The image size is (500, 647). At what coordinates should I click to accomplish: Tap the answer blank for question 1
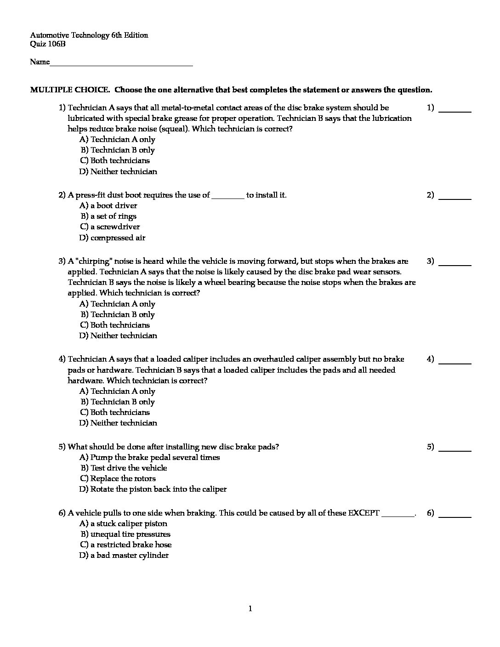coord(455,110)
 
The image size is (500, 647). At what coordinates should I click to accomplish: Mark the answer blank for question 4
coord(455,362)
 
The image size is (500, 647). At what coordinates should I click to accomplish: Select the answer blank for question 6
coord(455,516)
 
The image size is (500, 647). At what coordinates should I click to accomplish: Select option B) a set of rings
coord(109,216)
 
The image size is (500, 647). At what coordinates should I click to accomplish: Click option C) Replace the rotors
coord(118,478)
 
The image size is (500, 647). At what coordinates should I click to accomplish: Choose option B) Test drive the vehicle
coord(124,468)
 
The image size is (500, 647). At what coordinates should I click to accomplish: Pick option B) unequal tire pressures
coord(125,534)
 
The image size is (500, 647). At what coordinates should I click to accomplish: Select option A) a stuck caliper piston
coord(124,523)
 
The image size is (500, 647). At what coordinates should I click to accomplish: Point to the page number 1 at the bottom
coord(250,609)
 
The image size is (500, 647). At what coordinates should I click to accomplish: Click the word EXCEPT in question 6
coord(364,513)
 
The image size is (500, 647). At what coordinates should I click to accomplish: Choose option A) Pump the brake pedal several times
coord(150,457)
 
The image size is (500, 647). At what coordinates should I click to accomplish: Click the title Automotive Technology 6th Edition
coord(89,35)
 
